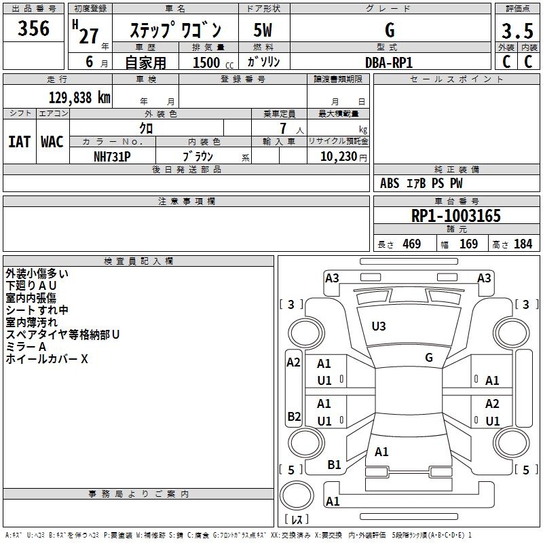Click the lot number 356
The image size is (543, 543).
click(x=33, y=29)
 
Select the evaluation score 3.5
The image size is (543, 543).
click(x=517, y=31)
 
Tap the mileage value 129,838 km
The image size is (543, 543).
click(x=79, y=98)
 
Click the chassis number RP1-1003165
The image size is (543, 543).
click(x=456, y=217)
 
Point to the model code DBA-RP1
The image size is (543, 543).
click(x=389, y=62)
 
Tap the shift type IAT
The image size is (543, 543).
click(x=19, y=142)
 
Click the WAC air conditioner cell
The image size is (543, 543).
click(x=52, y=142)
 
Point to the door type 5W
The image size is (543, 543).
click(x=263, y=31)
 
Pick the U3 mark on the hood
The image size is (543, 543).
click(x=378, y=326)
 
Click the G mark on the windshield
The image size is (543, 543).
click(x=429, y=358)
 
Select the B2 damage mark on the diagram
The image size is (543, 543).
click(x=293, y=416)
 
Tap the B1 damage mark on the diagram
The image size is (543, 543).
click(x=334, y=464)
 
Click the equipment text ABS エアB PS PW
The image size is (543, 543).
click(x=422, y=183)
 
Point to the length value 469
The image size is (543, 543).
click(x=411, y=244)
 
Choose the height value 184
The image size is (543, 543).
click(x=523, y=244)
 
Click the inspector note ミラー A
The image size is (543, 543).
click(x=26, y=347)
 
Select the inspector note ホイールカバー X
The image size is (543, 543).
click(x=46, y=359)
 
